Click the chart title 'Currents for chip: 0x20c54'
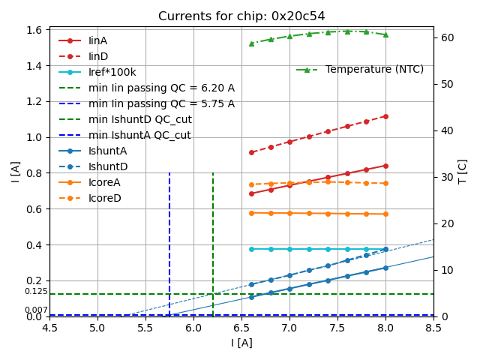coord(241,16)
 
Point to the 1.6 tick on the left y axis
coord(35,30)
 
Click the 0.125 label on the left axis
coord(35,292)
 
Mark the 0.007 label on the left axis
coord(35,310)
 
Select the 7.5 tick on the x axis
coord(337,328)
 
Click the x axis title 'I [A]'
coord(241,343)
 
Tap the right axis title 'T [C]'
coord(462,171)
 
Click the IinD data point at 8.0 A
coord(385,116)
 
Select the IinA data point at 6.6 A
coord(251,193)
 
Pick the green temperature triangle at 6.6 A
coord(251,43)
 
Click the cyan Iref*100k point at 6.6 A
coord(251,249)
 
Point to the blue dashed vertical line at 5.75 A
coord(169,240)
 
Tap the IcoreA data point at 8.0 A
coord(385,214)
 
